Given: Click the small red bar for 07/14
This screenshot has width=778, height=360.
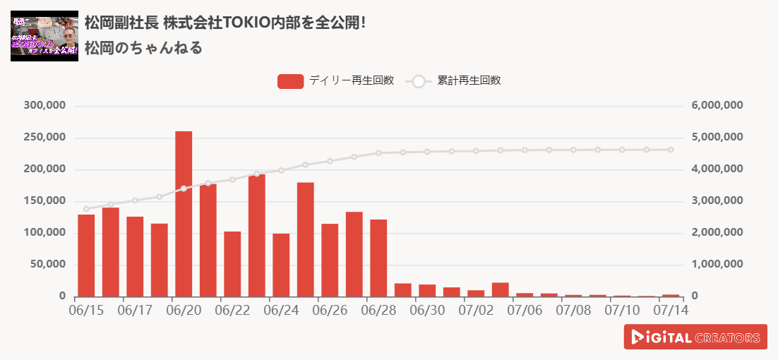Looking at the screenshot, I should tap(671, 295).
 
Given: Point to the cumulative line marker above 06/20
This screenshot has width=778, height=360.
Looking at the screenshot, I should tap(184, 188).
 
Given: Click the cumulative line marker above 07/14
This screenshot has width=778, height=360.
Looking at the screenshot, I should tap(671, 150).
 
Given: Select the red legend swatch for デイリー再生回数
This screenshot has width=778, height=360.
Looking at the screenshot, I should tap(290, 81).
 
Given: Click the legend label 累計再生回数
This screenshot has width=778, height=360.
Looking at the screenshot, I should tap(469, 80).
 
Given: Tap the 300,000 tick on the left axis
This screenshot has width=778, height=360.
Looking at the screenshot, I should tap(45, 106).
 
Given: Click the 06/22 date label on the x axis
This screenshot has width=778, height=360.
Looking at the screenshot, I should tap(232, 310).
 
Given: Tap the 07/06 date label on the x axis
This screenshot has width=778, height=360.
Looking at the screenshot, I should tap(525, 310).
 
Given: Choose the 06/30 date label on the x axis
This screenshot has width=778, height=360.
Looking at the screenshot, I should tap(427, 310).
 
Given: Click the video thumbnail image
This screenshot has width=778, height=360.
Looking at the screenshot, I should tap(44, 36).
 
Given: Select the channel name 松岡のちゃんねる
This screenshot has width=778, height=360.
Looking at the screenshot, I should tap(143, 48).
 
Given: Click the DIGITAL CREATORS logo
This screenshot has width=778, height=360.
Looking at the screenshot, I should tap(695, 337).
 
